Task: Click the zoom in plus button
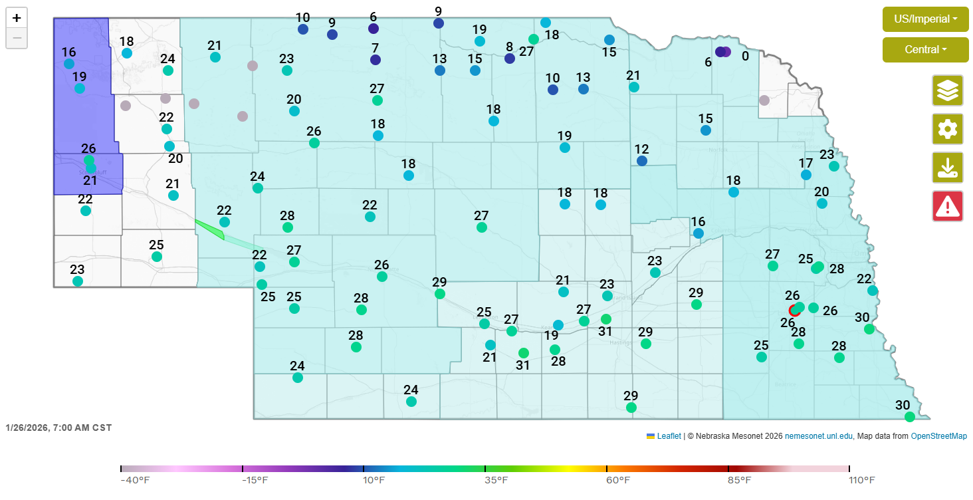tap(17, 19)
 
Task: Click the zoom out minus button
tap(17, 39)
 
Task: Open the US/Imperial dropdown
tap(925, 19)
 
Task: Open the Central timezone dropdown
tap(925, 50)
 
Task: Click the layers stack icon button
tap(947, 90)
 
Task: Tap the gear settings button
tap(947, 129)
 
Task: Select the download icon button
tap(947, 168)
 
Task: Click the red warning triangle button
tap(947, 206)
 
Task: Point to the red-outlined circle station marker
tap(794, 311)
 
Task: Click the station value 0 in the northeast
tap(745, 57)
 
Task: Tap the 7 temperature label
tap(375, 48)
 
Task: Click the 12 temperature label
tap(641, 149)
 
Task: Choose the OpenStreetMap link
tap(938, 436)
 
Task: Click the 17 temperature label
tap(806, 163)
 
